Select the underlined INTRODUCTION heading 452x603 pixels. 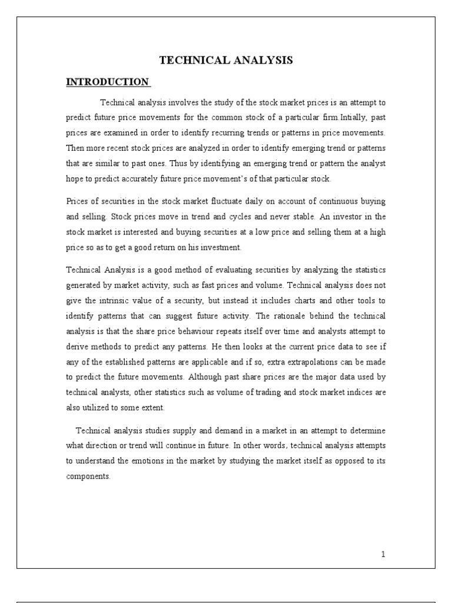pos(107,82)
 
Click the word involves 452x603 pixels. pos(185,104)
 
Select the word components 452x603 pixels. pos(88,477)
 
